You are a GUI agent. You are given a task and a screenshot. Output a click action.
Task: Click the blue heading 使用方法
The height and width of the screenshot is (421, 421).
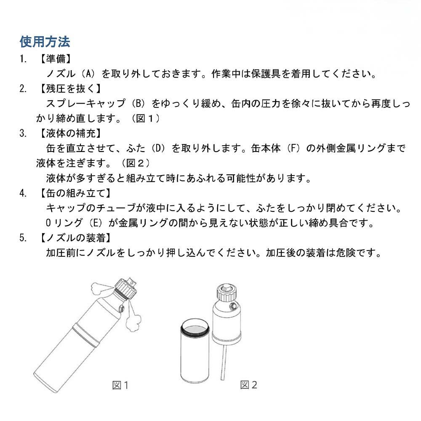(x=45, y=42)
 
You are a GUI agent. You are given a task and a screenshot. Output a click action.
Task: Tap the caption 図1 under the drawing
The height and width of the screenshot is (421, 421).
(x=120, y=385)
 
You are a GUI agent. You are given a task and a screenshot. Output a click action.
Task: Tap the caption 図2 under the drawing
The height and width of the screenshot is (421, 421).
(x=249, y=385)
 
